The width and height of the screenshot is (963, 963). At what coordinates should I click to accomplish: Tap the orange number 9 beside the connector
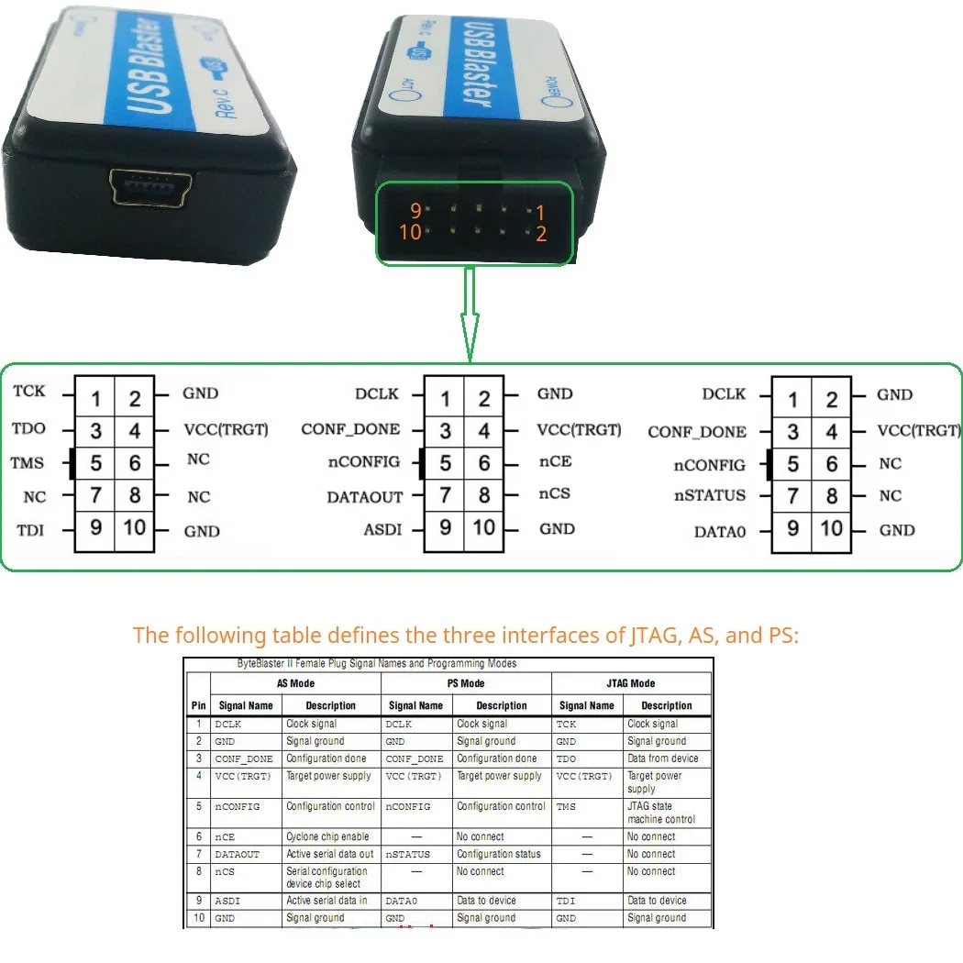coord(415,211)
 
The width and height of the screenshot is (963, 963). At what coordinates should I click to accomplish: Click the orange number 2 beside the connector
coord(541,234)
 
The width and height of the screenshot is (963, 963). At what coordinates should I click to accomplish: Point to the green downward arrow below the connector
coord(470,316)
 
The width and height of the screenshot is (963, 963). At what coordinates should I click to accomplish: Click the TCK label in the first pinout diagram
coord(29,392)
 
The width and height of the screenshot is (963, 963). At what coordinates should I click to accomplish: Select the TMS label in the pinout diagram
coord(28,463)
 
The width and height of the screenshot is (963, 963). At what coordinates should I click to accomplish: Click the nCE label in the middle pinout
coord(555,462)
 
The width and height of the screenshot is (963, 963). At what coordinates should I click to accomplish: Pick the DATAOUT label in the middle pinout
coord(365,497)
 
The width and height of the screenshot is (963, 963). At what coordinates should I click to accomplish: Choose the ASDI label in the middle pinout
coord(383,530)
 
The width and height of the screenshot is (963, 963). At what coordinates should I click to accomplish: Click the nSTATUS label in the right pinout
coord(710,495)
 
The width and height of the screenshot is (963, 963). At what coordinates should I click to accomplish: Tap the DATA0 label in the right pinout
coord(720,531)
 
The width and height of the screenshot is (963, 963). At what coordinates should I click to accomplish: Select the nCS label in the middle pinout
coord(555,493)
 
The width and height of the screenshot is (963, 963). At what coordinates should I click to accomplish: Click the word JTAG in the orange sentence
coord(652,635)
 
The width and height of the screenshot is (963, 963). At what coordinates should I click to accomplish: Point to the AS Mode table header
coord(295,684)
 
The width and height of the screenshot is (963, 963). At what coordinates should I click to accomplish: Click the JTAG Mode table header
coord(631,684)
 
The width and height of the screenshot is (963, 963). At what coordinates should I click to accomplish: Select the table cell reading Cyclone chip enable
coord(327,836)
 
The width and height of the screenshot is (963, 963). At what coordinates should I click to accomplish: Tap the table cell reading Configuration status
coord(499,854)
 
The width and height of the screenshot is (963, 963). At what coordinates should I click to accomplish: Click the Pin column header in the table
coord(198,706)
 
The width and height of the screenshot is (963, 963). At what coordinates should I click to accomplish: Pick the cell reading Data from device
coord(662,758)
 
